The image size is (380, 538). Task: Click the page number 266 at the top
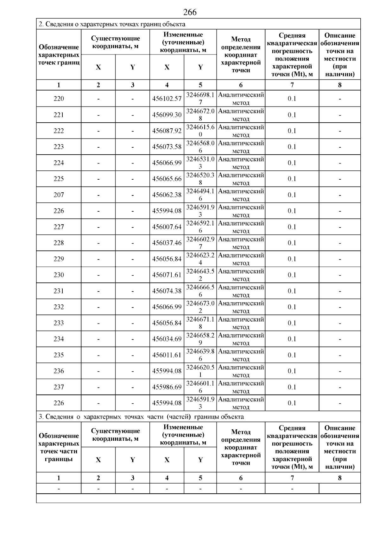[x=190, y=12]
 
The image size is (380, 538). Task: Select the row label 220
[x=59, y=99]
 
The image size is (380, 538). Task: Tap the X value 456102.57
[x=167, y=99]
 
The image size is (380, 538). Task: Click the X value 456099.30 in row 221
[x=167, y=115]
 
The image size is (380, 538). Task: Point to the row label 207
[x=59, y=195]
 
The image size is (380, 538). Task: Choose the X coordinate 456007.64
[x=167, y=227]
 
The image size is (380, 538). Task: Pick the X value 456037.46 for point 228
[x=167, y=243]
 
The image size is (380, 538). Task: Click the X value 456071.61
[x=167, y=275]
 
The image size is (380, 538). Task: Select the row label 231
[x=59, y=291]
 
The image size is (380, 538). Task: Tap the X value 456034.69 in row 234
[x=167, y=339]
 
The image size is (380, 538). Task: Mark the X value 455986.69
[x=167, y=387]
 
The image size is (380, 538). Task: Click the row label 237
[x=59, y=387]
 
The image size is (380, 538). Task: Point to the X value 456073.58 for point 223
[x=167, y=147]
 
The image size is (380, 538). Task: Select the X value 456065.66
[x=167, y=179]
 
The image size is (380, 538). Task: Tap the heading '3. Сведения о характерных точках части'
[x=141, y=416]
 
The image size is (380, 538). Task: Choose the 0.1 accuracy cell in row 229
[x=292, y=259]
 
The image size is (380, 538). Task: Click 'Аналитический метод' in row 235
[x=241, y=355]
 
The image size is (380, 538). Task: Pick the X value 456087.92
[x=167, y=131]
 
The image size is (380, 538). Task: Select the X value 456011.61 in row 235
[x=167, y=355]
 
